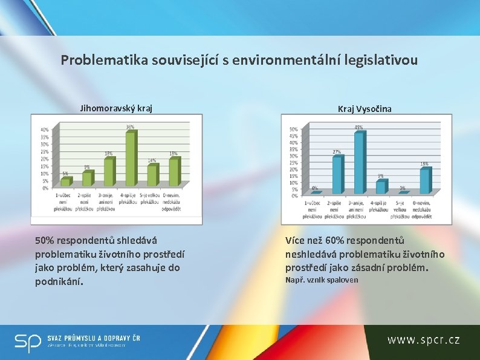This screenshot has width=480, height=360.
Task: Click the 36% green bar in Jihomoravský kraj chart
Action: click(x=130, y=159)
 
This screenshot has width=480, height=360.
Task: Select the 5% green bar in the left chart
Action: click(x=66, y=182)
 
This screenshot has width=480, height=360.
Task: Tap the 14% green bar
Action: click(x=152, y=175)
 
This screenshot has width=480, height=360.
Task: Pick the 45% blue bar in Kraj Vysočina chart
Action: click(x=359, y=162)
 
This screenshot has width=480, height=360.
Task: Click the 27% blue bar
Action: click(x=337, y=174)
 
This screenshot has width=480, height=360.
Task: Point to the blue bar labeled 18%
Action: click(x=425, y=181)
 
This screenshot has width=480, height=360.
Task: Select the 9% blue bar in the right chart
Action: click(x=381, y=187)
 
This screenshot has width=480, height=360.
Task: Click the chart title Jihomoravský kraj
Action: click(x=116, y=108)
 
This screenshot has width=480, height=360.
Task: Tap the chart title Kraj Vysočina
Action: click(x=365, y=108)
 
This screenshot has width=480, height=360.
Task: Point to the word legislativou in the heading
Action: click(x=383, y=61)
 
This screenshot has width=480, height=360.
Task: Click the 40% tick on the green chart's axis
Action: click(x=45, y=130)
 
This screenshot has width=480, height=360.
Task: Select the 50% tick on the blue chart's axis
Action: click(x=293, y=129)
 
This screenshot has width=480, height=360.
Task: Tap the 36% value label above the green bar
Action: click(x=130, y=127)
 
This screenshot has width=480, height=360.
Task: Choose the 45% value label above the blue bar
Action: click(x=359, y=127)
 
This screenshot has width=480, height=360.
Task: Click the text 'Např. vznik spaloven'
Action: click(x=322, y=280)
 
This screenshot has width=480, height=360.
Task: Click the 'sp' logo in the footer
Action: click(x=27, y=343)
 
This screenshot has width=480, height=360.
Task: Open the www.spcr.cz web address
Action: click(x=423, y=340)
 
